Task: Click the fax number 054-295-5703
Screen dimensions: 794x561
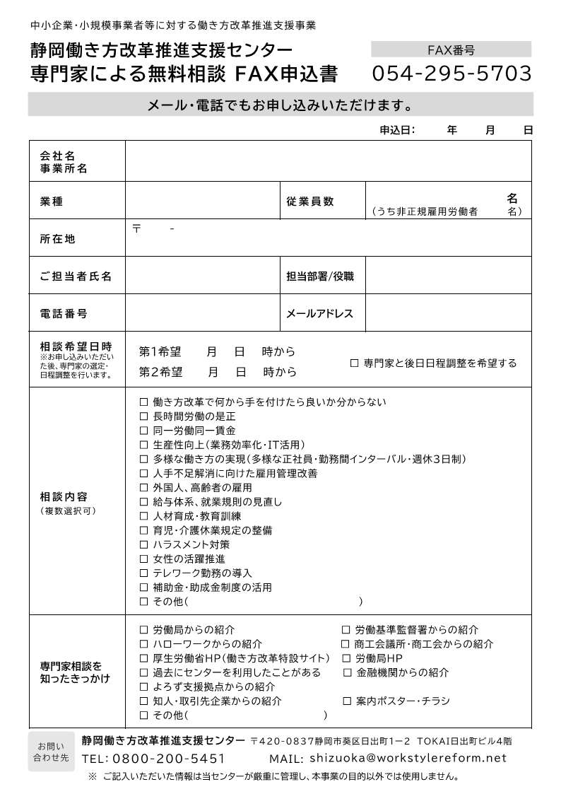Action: point(451,74)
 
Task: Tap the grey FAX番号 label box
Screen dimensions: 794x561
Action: point(451,49)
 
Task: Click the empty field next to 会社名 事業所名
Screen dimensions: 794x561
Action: point(328,161)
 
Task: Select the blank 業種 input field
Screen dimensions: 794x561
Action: point(202,202)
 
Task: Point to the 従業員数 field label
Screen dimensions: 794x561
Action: point(310,202)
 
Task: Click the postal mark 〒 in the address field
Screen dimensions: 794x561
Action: point(136,228)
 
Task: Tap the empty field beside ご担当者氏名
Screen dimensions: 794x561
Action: point(202,276)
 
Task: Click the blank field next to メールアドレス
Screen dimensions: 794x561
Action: point(448,313)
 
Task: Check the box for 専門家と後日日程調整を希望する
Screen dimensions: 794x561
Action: point(355,363)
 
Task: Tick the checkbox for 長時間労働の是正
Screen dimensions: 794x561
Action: point(144,416)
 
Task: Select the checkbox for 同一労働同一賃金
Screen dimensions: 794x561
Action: point(144,431)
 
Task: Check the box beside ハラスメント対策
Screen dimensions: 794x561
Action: point(144,544)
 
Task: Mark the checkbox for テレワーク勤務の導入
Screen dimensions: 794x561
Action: point(144,573)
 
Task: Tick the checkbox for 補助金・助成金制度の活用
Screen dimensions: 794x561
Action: point(144,588)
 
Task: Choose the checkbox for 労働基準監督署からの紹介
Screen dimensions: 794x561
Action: point(346,629)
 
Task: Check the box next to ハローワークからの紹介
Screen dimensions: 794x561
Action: point(144,644)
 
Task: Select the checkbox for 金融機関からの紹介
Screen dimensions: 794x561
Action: point(347,672)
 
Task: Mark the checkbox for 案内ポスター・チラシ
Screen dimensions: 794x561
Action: point(346,701)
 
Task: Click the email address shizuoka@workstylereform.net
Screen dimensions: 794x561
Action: point(408,759)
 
